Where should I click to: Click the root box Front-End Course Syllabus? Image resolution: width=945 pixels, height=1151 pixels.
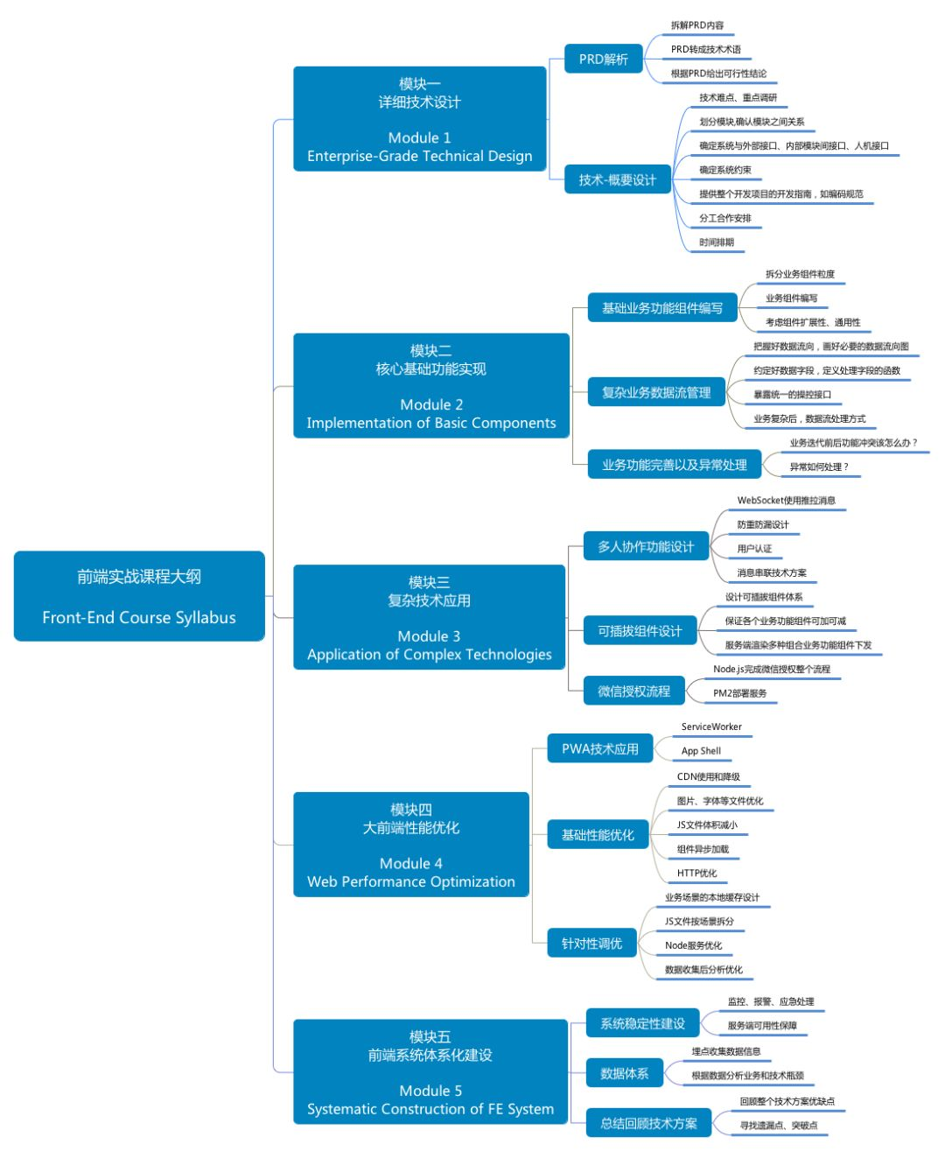click(x=139, y=595)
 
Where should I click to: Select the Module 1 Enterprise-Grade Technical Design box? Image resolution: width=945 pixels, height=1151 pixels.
click(x=419, y=119)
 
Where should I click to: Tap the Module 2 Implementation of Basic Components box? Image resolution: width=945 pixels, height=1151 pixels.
click(x=431, y=385)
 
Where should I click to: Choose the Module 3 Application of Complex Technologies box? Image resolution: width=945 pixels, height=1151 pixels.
click(x=429, y=617)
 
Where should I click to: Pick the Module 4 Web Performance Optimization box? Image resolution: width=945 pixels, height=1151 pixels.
click(x=411, y=845)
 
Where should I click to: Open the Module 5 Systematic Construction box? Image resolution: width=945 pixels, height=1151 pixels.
click(x=430, y=1071)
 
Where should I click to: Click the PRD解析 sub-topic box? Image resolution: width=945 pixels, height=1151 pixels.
click(x=603, y=59)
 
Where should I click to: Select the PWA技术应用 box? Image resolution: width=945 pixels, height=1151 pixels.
click(x=599, y=748)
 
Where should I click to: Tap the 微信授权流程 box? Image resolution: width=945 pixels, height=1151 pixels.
click(x=633, y=691)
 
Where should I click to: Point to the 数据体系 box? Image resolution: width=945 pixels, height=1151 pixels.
click(x=624, y=1073)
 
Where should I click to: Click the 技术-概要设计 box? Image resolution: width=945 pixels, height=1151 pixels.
click(x=617, y=179)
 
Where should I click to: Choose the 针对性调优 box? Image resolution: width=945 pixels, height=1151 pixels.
click(x=591, y=943)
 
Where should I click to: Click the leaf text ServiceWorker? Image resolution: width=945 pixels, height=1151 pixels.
click(x=710, y=726)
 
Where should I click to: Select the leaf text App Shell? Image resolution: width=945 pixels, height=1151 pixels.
click(x=701, y=750)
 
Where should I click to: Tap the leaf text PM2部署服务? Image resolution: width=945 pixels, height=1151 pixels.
click(x=739, y=693)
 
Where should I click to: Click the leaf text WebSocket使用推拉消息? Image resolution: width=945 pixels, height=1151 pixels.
click(x=786, y=501)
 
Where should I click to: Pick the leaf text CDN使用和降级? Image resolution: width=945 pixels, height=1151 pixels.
click(x=708, y=776)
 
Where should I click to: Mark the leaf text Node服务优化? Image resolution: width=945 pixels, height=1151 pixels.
click(x=693, y=945)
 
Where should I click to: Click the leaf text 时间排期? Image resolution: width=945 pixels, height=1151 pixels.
click(x=717, y=242)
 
